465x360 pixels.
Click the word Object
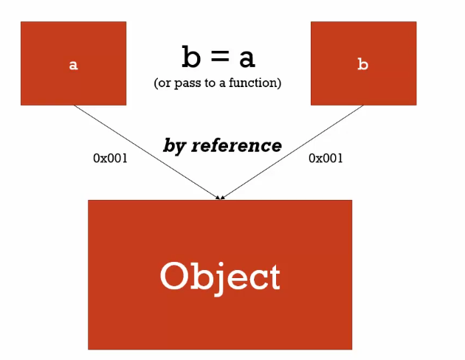220,277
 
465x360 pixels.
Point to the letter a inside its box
73,65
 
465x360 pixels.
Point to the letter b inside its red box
362,64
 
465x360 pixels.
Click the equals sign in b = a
218,58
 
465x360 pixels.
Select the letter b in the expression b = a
191,56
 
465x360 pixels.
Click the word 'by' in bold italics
174,145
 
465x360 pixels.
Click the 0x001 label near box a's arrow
110,158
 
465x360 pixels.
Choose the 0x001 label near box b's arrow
325,158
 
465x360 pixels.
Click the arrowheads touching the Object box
220,196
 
